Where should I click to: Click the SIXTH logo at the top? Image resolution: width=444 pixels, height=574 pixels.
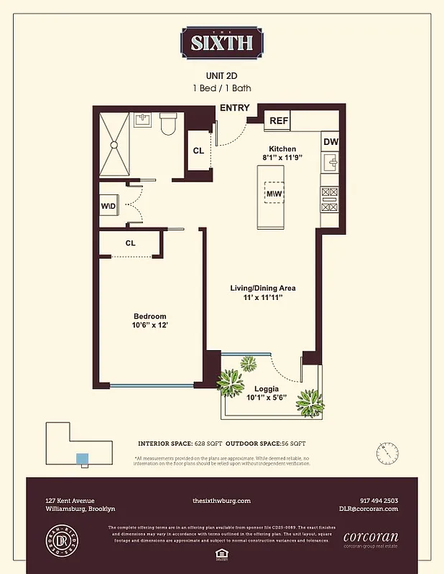coord(221,42)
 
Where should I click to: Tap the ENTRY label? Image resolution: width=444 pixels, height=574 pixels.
coord(234,108)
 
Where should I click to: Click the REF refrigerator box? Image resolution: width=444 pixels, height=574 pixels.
coord(278,121)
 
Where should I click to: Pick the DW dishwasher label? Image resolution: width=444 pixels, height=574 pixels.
coord(330,142)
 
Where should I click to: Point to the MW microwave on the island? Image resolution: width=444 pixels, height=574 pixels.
coord(274,194)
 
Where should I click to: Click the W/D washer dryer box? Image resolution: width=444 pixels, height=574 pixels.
coord(108,207)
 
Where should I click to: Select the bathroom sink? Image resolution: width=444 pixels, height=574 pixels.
coord(142,120)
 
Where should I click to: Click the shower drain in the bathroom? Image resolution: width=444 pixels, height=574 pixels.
coord(113,143)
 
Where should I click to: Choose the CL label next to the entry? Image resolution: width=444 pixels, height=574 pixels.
coord(198,151)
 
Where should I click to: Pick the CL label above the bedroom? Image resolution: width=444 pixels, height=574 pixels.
coord(130,243)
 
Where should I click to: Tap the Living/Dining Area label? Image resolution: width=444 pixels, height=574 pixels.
coord(262,288)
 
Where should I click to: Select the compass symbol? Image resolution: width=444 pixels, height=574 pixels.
coord(387,453)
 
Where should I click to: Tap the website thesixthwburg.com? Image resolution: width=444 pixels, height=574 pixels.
coord(221,501)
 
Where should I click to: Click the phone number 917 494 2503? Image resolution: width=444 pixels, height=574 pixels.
coord(379,501)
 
